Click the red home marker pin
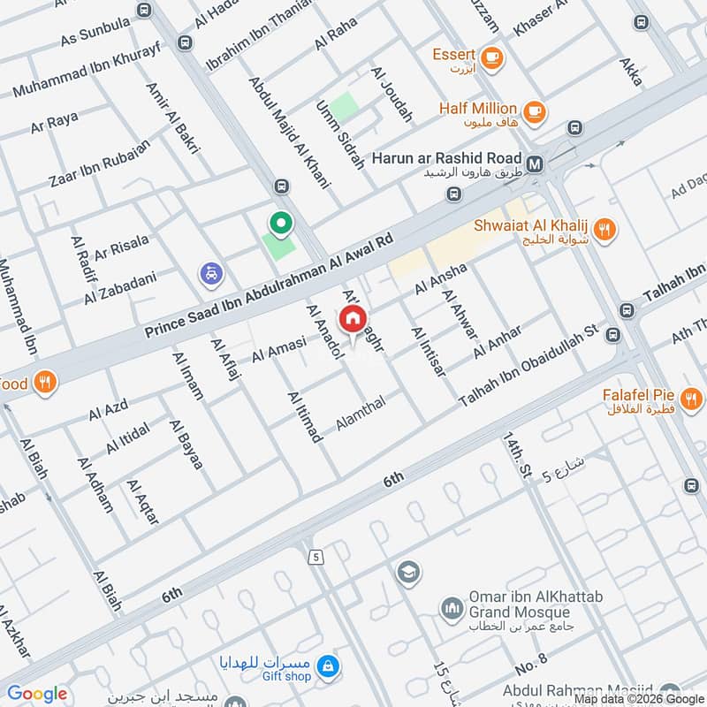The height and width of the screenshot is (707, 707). click(352, 319)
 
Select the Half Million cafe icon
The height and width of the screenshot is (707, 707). click(533, 111)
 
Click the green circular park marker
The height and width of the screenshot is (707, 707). click(281, 224)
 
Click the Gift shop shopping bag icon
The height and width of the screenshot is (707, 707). click(327, 663)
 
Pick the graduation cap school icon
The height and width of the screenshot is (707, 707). click(407, 571)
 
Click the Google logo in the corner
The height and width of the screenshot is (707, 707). click(37, 694)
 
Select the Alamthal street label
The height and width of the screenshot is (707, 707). click(366, 414)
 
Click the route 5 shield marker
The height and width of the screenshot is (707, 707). click(315, 557)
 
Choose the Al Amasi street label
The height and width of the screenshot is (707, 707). click(278, 348)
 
